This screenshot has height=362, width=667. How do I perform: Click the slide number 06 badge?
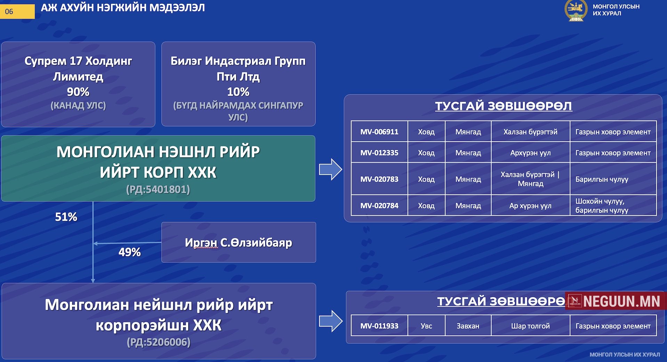click(x=17, y=11)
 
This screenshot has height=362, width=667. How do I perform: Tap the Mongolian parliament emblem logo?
click(x=576, y=11)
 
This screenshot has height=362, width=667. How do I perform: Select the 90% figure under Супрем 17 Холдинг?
click(x=78, y=92)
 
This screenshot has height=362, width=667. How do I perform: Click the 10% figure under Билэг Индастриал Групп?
click(x=238, y=92)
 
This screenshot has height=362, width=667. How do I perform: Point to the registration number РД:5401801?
click(x=158, y=190)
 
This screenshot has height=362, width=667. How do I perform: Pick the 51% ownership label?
click(x=66, y=217)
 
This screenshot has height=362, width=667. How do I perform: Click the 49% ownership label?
click(x=129, y=252)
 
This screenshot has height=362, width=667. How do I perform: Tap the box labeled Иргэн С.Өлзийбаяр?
click(x=239, y=242)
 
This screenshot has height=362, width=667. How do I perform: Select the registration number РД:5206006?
click(x=159, y=342)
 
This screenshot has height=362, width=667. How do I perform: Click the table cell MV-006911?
click(x=379, y=132)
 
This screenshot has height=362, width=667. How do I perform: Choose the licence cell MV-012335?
click(x=379, y=153)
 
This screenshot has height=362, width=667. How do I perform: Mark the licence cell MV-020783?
click(x=379, y=179)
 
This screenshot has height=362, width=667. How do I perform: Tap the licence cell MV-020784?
click(x=379, y=206)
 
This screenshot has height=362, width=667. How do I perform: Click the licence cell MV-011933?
click(x=379, y=326)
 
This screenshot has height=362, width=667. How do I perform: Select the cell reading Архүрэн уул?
click(x=530, y=153)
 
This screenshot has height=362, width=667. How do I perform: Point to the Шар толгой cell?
click(x=530, y=326)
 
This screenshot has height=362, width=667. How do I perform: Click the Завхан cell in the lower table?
click(x=468, y=326)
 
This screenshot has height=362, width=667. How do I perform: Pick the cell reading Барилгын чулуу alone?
click(x=602, y=179)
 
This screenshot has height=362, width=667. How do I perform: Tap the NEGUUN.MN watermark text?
click(x=621, y=301)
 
